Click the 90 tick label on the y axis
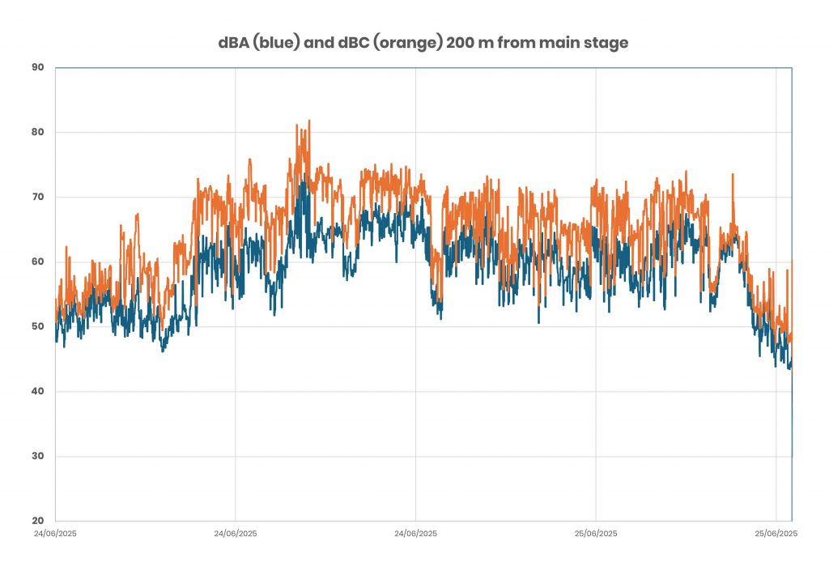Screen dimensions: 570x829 click(37, 67)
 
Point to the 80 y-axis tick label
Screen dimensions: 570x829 click(37, 132)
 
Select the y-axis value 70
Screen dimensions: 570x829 click(37, 197)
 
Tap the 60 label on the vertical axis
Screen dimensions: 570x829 click(37, 262)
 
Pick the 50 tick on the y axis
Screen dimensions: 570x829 click(37, 326)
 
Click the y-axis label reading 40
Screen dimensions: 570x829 click(37, 391)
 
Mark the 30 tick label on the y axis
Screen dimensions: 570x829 click(37, 456)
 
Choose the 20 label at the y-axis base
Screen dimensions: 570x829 click(37, 521)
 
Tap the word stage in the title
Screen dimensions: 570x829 click(608, 43)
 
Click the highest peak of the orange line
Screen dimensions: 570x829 click(308, 121)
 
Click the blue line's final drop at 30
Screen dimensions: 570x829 click(792, 454)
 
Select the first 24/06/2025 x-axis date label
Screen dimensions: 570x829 click(56, 534)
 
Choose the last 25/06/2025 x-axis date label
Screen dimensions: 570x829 click(776, 534)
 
